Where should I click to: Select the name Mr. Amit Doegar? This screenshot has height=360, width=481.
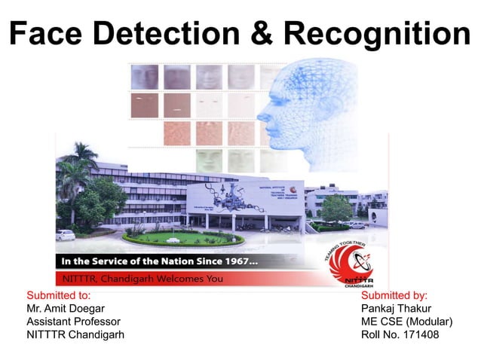pyautogui.click(x=66, y=308)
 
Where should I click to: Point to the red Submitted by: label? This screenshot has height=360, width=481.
pyautogui.click(x=394, y=295)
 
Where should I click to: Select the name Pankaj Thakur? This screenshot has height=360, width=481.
pyautogui.click(x=397, y=308)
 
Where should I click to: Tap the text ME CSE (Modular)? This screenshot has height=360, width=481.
pyautogui.click(x=406, y=322)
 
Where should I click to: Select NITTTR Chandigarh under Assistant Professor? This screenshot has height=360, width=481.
pyautogui.click(x=75, y=335)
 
